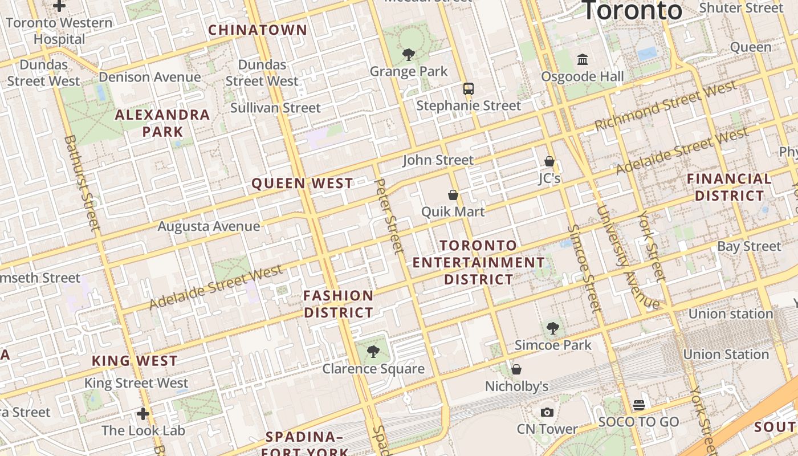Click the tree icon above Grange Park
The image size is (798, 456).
(408, 55)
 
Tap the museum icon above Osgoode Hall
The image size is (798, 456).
(583, 59)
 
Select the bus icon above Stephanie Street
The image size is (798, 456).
(469, 89)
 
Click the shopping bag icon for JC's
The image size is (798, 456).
(549, 161)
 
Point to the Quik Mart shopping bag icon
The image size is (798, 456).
(453, 195)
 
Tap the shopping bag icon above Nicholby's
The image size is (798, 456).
(516, 369)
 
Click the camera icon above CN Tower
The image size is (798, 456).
(547, 412)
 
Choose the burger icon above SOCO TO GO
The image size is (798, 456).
(638, 405)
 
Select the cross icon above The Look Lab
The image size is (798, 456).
(143, 413)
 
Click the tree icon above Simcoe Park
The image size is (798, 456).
(552, 328)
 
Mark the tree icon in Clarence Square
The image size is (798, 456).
(373, 352)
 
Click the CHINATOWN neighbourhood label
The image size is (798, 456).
(258, 30)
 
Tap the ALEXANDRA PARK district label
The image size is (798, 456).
(162, 123)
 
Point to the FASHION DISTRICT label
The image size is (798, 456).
(339, 304)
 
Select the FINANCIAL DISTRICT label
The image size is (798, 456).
(729, 187)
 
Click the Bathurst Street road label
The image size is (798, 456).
(83, 182)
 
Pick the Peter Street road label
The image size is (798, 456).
(389, 217)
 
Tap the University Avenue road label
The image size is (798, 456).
(628, 256)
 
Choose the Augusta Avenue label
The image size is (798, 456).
(209, 226)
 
